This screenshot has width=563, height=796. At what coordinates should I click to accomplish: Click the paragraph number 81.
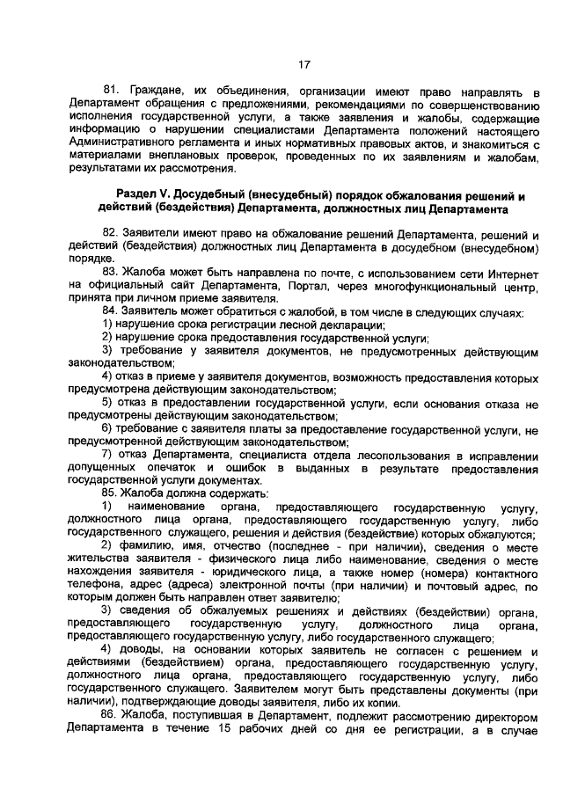[x=112, y=91]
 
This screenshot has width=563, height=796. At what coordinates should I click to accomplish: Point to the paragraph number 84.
[x=112, y=311]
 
